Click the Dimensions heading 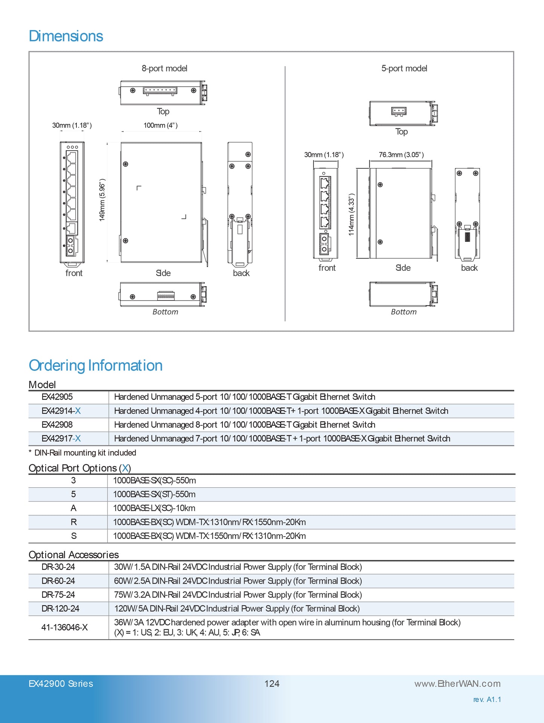[66, 36]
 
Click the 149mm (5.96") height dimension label [102, 200]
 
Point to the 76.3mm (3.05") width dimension [401, 155]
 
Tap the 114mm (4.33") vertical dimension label [351, 215]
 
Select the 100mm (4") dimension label [160, 125]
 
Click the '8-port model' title [164, 69]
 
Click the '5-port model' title [404, 69]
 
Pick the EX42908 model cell [57, 425]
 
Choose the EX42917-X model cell [61, 439]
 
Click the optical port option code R [73, 522]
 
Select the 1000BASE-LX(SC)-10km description [154, 508]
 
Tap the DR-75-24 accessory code [58, 595]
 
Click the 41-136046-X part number [64, 627]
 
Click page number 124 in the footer [272, 684]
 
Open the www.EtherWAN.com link [457, 684]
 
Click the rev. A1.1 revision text [487, 700]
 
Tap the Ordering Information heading [96, 366]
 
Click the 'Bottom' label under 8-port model [165, 312]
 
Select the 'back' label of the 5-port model [469, 268]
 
